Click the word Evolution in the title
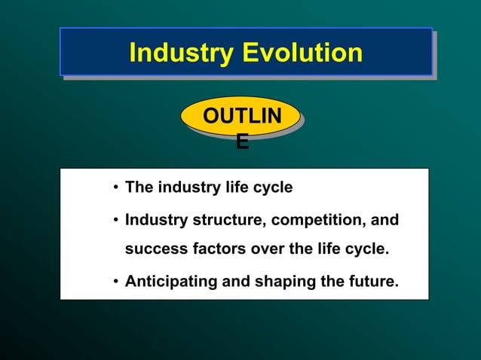(302, 53)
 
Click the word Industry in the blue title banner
(181, 53)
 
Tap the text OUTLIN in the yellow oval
(241, 117)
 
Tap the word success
(153, 249)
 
